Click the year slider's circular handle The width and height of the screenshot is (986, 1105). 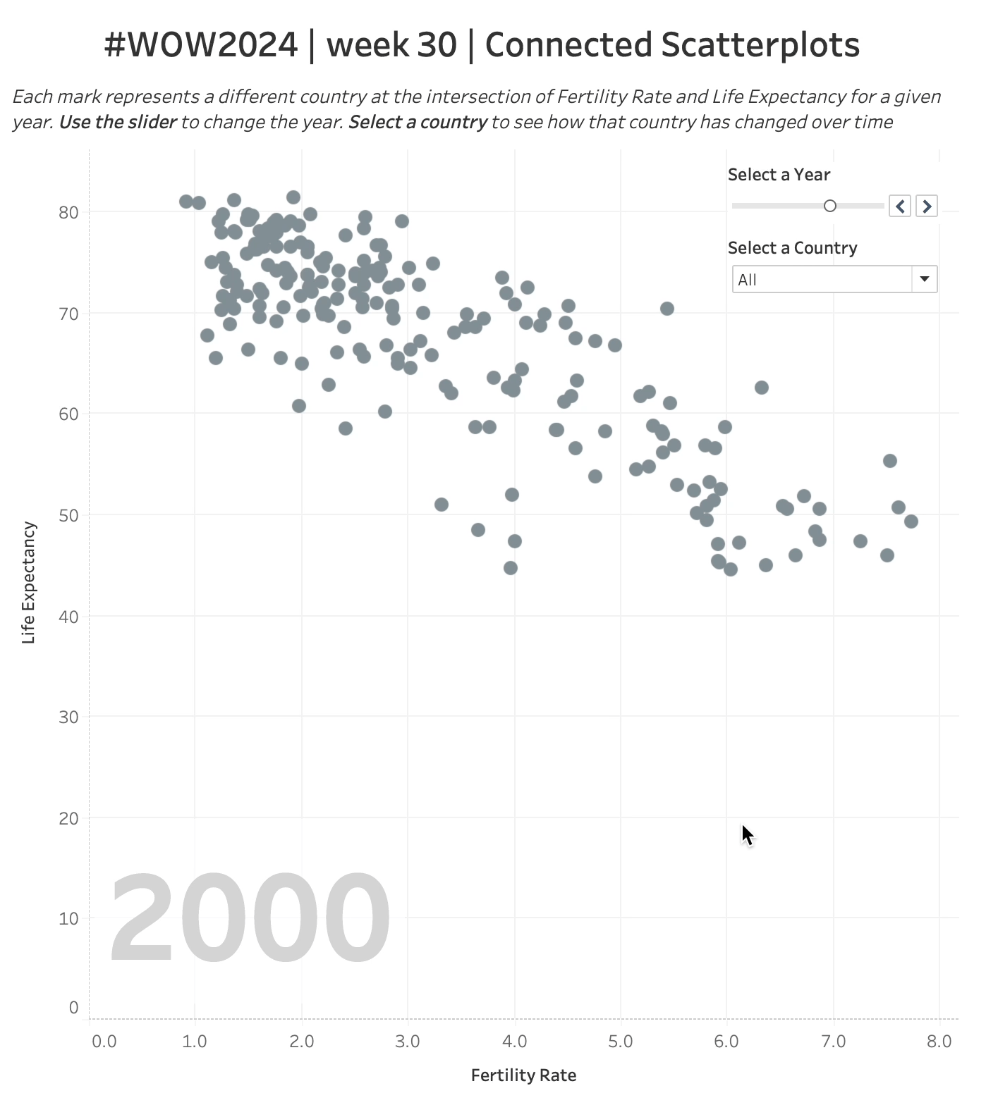click(x=830, y=206)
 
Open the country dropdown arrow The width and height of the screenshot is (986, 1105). click(x=924, y=279)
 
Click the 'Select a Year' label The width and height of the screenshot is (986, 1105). click(x=779, y=175)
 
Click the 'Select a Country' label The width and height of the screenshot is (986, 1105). click(x=792, y=248)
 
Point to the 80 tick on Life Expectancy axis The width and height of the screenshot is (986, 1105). click(x=68, y=212)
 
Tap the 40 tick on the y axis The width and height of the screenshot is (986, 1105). click(x=68, y=617)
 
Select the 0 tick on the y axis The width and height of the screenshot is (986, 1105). click(x=73, y=1008)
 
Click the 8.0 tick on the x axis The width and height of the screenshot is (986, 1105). click(x=939, y=1042)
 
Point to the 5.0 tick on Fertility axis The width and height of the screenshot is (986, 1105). click(x=620, y=1042)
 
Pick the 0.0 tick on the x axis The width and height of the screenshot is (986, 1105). click(x=104, y=1042)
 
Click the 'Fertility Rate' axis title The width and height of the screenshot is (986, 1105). click(x=523, y=1075)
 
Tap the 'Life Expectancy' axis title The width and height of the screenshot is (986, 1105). click(x=28, y=583)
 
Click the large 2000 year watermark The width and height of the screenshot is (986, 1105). click(x=250, y=919)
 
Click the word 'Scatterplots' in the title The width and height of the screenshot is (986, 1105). click(x=760, y=45)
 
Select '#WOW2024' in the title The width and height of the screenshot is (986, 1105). click(x=201, y=45)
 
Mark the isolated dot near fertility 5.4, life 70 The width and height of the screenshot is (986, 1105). click(x=667, y=309)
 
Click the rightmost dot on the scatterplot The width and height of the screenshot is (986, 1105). click(x=911, y=521)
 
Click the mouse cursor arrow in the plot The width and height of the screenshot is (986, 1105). click(x=747, y=834)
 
